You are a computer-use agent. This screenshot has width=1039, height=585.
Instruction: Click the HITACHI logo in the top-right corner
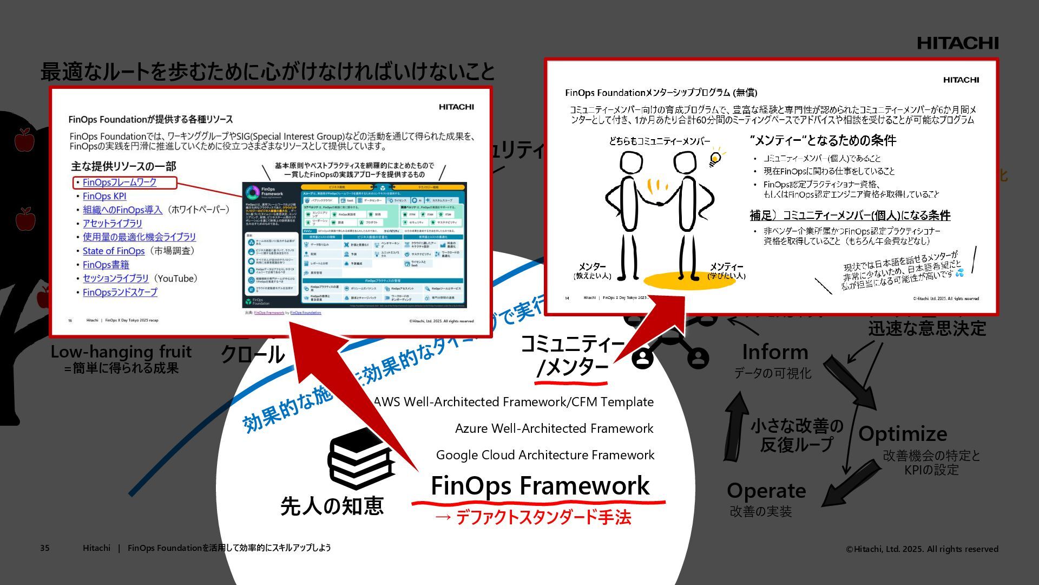[957, 43]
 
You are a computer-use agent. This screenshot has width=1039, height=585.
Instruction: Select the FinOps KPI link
[104, 196]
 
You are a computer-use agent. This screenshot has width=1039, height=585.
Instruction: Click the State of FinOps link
[114, 251]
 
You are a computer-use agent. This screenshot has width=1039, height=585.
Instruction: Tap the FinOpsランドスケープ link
[120, 292]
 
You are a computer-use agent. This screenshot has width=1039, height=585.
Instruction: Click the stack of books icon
[360, 459]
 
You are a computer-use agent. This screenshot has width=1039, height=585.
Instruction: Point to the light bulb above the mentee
[715, 158]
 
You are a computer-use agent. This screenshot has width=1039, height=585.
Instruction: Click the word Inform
[775, 352]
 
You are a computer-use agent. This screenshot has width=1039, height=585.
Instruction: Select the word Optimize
[903, 434]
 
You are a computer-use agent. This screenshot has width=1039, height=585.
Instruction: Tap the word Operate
[766, 491]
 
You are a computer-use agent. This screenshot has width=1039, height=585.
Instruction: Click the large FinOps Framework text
[540, 485]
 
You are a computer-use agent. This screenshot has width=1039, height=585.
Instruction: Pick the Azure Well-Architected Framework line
[554, 428]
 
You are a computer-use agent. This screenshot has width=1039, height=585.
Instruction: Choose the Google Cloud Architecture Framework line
[545, 455]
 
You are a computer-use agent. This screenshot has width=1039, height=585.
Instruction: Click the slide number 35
[45, 548]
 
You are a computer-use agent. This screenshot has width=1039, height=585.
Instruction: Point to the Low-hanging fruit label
[121, 352]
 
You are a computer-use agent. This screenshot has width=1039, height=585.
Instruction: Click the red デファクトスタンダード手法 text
[543, 518]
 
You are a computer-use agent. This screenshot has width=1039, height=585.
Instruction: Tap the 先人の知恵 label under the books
[332, 506]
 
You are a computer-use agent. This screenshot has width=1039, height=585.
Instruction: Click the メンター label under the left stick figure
[592, 266]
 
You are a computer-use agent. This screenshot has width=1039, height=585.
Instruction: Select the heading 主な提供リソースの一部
[123, 166]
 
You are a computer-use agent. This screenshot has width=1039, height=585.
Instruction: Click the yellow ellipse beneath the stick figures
[682, 281]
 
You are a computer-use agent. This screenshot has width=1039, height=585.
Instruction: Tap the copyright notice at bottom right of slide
[922, 549]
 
